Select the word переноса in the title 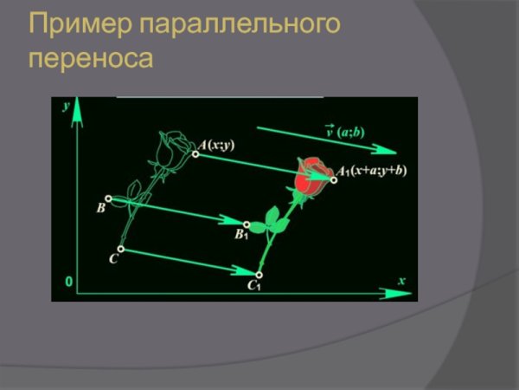(x=90, y=60)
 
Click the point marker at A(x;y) (x=196, y=154)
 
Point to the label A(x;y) (x=216, y=145)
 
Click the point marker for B (x=108, y=198)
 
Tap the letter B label (x=100, y=209)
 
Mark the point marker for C (x=121, y=249)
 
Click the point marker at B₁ (x=247, y=224)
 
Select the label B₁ (x=241, y=234)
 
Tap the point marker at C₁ (x=259, y=275)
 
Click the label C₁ (x=253, y=285)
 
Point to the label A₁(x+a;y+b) (x=371, y=171)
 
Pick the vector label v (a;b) (x=344, y=133)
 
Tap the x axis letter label (x=401, y=280)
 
